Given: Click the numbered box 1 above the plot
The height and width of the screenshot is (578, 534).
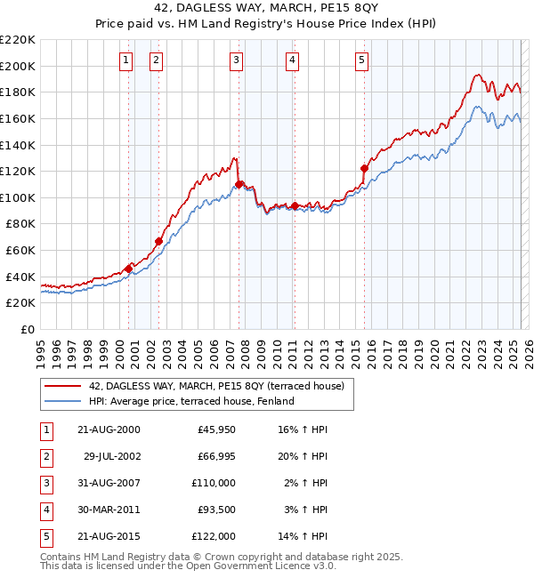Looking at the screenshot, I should point(125,60).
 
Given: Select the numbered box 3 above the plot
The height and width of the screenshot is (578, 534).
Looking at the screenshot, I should point(236,60).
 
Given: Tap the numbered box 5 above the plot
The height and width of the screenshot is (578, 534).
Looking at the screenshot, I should point(362,60).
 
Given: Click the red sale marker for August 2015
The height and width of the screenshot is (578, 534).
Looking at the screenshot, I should point(364,168).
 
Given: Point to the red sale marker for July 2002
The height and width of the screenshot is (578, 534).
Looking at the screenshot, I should point(158,241).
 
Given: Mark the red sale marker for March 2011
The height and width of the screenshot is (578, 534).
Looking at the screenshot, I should point(295,205).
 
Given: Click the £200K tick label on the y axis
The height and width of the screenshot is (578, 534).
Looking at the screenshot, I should point(17,66).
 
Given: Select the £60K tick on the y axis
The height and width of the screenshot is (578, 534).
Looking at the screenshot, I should point(20,250).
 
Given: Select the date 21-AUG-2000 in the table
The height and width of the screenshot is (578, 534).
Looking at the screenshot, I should point(109,429).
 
